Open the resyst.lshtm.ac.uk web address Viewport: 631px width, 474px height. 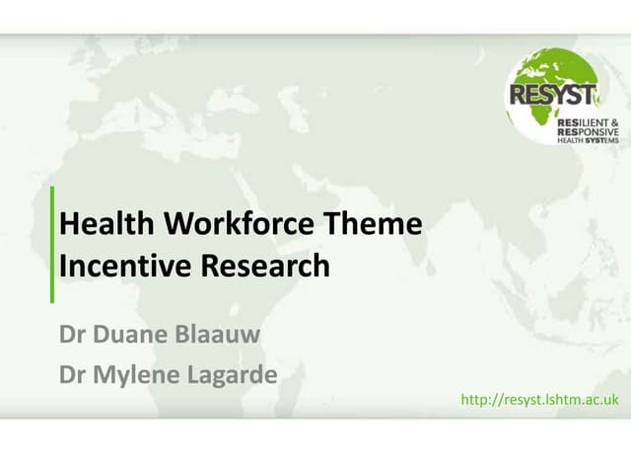point(539,399)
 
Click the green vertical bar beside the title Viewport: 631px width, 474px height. point(52,244)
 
